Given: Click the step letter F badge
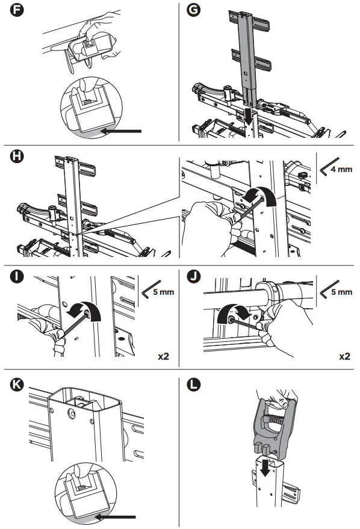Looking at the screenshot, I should [x=12, y=11].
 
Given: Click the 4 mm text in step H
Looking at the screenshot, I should [x=343, y=170].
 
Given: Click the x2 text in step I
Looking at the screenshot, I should [x=163, y=356].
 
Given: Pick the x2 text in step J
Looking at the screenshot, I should [x=344, y=356].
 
